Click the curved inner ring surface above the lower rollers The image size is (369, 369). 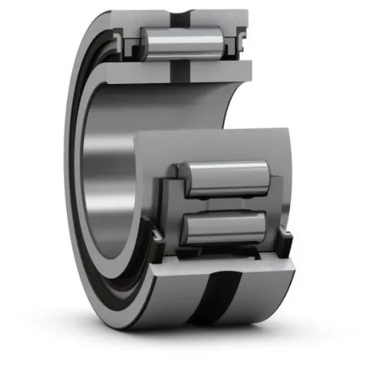217,145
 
